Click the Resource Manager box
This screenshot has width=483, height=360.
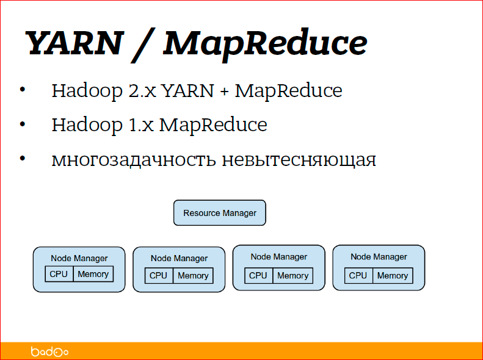220,213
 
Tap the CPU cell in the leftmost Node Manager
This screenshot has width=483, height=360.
59,274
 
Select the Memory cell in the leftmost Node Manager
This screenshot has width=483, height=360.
93,274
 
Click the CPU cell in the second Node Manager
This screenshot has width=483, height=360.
159,276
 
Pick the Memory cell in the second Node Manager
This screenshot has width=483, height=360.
193,276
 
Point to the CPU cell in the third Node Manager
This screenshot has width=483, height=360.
259,275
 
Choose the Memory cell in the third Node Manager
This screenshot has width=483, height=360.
293,275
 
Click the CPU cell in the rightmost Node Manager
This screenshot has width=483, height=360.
358,275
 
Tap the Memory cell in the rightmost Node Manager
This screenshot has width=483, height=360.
393,275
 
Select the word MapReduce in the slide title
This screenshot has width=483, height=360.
266,43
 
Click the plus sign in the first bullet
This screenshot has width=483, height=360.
224,92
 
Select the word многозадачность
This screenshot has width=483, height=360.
134,160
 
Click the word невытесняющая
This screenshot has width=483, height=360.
299,160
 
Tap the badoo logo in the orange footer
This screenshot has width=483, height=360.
49,351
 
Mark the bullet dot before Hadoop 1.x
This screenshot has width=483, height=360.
23,124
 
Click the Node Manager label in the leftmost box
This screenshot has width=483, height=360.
79,258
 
